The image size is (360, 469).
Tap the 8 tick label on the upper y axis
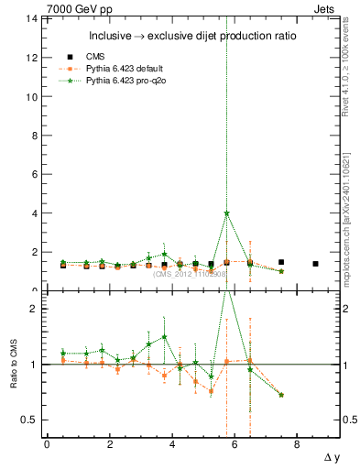tap(32, 136)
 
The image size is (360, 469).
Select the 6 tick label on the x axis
tap(235, 444)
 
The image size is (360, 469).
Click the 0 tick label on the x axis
tap(47, 444)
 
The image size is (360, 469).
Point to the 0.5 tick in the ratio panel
tap(28, 420)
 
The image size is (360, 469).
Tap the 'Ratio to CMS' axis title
tap(13, 365)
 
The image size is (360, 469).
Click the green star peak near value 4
tap(226, 213)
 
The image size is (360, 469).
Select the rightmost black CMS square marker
tap(315, 264)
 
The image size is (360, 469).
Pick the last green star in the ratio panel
tap(281, 395)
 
